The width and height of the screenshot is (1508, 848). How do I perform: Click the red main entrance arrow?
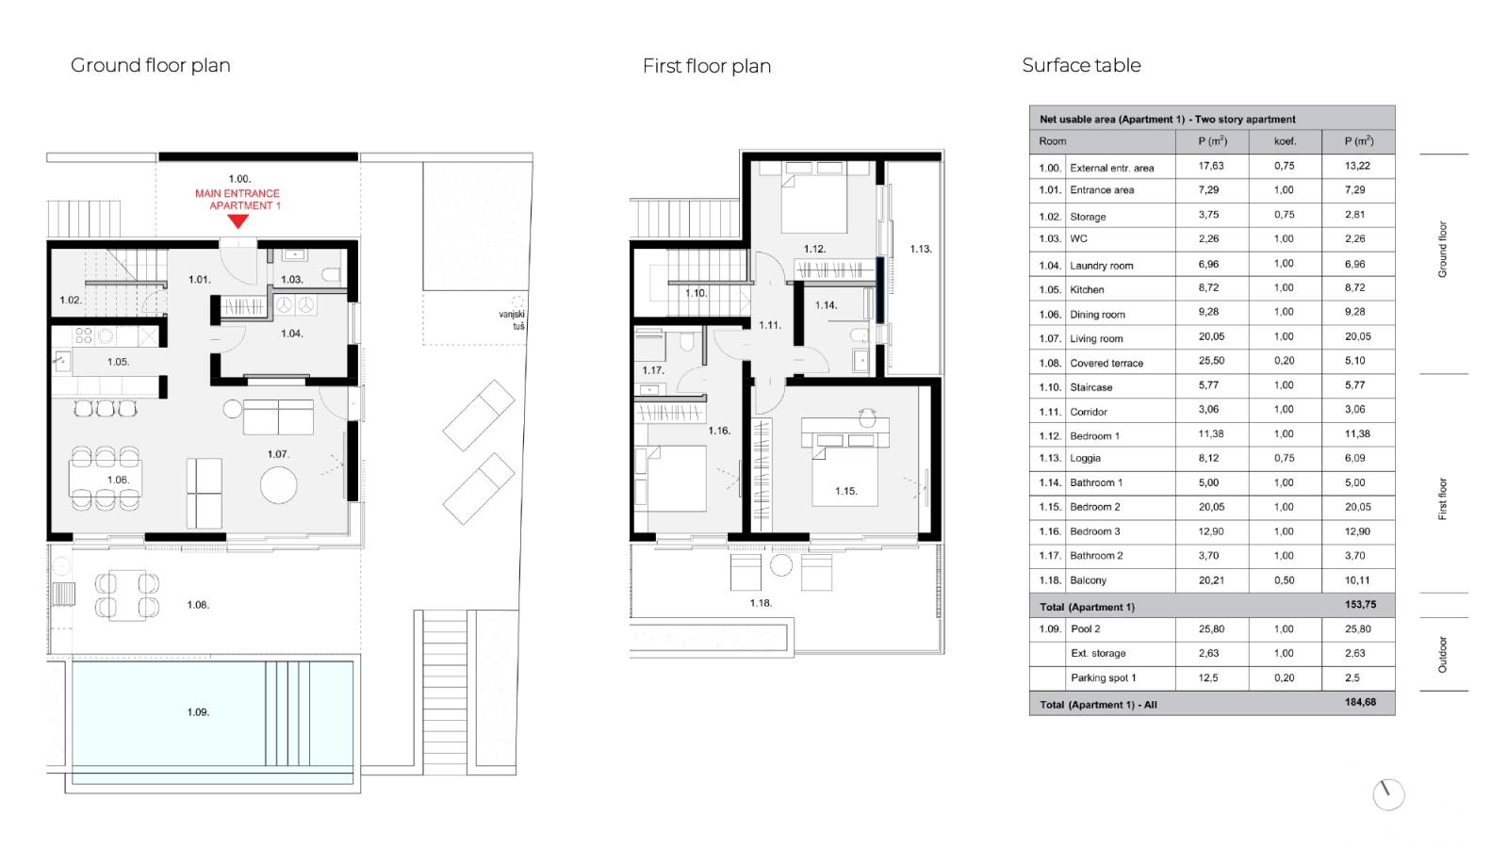(x=238, y=221)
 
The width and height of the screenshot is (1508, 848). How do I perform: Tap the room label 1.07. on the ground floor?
(x=278, y=454)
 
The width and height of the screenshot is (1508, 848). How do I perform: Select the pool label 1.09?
(x=198, y=712)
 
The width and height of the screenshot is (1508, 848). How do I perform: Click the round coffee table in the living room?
(x=279, y=485)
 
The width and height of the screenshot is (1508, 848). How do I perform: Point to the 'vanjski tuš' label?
(x=513, y=320)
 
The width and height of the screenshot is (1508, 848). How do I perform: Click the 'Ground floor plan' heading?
(x=151, y=65)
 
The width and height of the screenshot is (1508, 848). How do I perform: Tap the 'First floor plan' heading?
(x=707, y=66)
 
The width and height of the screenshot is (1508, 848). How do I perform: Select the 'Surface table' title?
(x=1081, y=65)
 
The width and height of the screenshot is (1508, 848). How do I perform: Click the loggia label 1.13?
(x=921, y=249)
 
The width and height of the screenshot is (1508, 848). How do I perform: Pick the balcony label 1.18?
(x=761, y=603)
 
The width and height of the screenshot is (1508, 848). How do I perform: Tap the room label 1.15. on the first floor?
(x=846, y=491)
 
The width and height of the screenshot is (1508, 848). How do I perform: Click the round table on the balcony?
(x=781, y=564)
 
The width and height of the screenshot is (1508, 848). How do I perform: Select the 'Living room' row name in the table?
(x=1096, y=338)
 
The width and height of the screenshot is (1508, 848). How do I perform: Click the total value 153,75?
(x=1361, y=604)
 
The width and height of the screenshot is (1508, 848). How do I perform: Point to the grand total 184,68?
(x=1361, y=702)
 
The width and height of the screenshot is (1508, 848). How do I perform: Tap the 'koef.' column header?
(x=1286, y=141)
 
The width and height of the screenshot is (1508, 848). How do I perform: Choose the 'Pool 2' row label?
(x=1085, y=628)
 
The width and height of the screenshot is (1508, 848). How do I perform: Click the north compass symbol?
(x=1389, y=795)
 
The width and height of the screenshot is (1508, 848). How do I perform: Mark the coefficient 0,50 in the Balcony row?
(x=1284, y=580)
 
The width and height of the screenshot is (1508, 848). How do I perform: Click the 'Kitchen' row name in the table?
(x=1087, y=289)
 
